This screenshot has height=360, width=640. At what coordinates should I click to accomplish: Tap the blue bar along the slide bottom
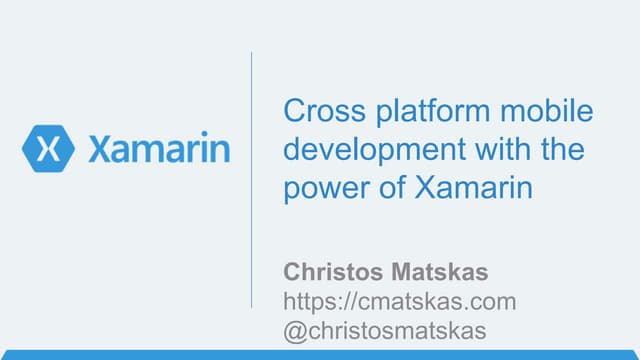click(x=320, y=354)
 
